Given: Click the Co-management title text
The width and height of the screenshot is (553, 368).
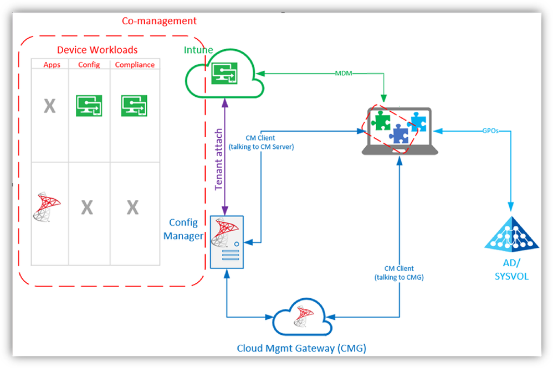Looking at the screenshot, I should tap(159, 21).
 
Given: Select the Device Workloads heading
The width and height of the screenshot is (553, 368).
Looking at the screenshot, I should tap(97, 50).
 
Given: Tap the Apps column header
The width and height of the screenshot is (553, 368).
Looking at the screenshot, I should tap(52, 65).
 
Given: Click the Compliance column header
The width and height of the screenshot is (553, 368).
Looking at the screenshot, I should tap(135, 65).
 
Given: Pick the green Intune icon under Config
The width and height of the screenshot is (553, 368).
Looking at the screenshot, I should tap(89, 105).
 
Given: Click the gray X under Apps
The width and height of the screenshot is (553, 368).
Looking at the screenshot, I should tap(50, 106).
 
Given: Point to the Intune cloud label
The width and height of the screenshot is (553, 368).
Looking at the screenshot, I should tap(198, 50).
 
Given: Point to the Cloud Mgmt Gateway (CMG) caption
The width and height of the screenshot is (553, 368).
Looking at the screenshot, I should tap(301, 348).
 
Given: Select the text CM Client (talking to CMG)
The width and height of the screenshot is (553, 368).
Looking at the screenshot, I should tap(398, 273).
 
